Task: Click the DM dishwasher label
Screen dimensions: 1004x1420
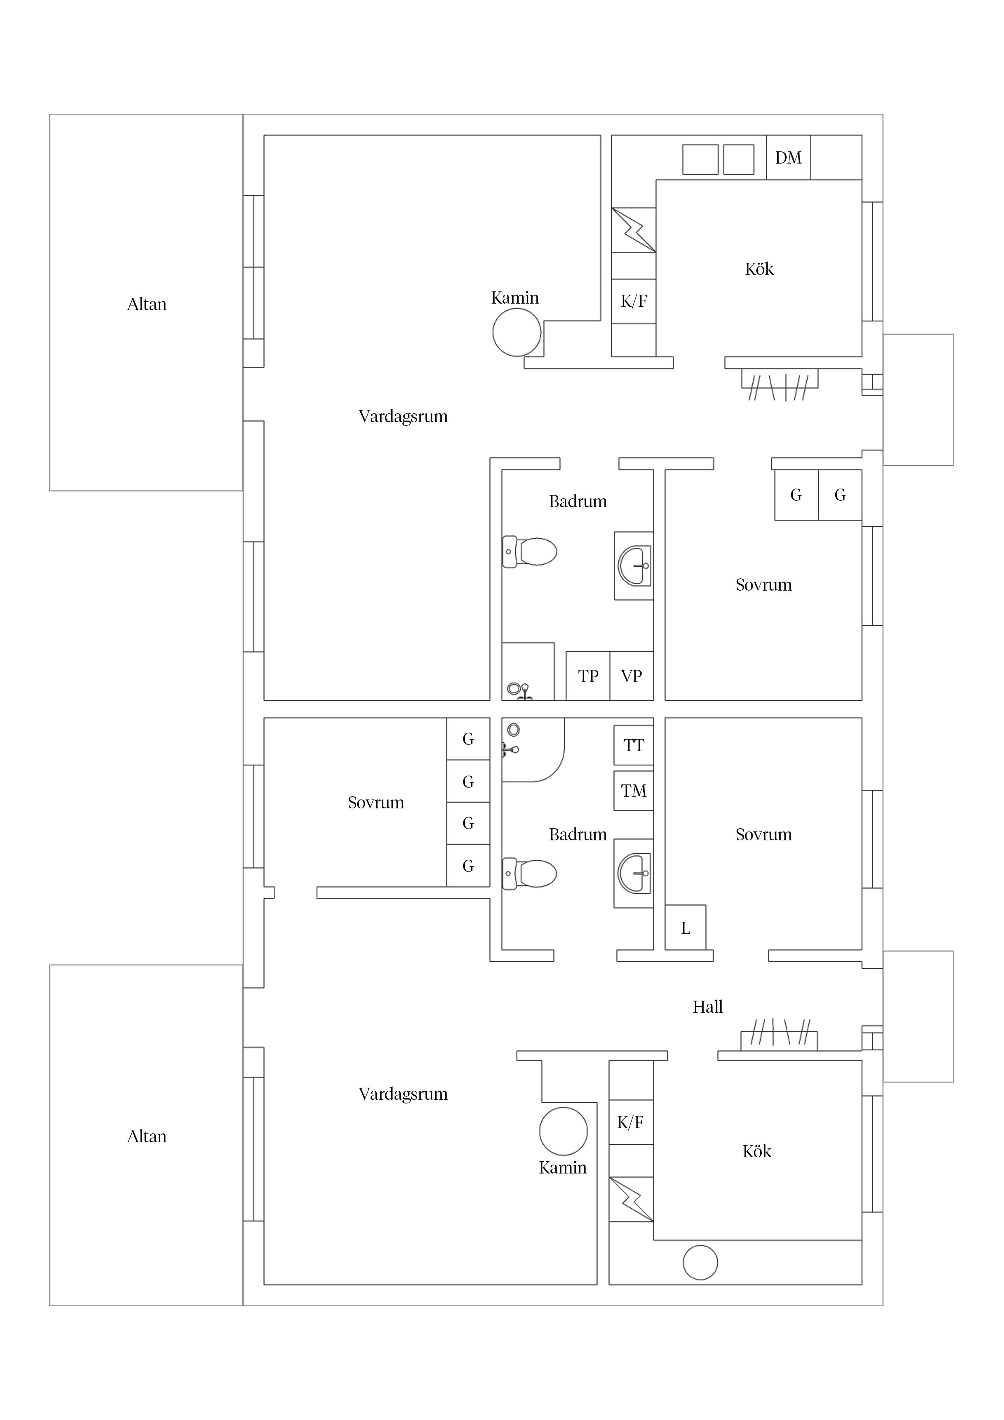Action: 788,158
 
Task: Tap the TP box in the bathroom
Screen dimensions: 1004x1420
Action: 588,675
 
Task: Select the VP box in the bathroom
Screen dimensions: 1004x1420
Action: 632,675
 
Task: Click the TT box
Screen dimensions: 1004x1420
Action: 634,745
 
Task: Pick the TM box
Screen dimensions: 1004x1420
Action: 634,791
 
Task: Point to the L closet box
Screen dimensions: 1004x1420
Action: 685,928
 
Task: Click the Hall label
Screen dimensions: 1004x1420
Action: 708,1007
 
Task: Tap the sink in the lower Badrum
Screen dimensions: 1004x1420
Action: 634,873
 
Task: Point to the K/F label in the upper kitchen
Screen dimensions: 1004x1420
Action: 634,301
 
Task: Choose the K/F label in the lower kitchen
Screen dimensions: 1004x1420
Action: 630,1122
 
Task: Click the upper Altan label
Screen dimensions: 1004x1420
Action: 147,304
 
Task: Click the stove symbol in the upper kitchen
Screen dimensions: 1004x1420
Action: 634,230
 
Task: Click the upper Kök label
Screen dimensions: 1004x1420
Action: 759,269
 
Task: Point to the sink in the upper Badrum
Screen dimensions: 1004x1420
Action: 634,565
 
